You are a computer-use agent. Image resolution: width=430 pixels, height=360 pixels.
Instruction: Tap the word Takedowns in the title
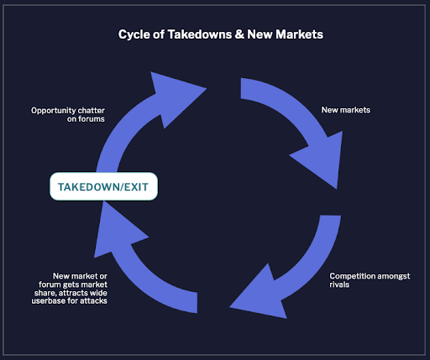(200, 34)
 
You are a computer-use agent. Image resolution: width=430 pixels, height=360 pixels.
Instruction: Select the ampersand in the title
(239, 34)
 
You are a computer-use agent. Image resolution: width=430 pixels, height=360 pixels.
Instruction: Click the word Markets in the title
(299, 34)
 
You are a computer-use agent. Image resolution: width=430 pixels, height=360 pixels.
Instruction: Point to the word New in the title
(260, 34)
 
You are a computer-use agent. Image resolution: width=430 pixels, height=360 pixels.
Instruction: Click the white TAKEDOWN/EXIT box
(103, 186)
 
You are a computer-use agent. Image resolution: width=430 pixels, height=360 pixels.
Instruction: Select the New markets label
(346, 110)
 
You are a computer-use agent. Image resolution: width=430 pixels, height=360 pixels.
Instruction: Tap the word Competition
(352, 276)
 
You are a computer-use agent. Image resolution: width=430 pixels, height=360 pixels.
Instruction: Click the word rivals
(339, 284)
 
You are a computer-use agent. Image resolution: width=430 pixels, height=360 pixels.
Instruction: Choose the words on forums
(86, 119)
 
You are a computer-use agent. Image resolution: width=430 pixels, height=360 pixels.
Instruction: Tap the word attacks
(93, 301)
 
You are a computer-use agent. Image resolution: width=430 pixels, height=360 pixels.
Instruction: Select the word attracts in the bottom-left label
(71, 293)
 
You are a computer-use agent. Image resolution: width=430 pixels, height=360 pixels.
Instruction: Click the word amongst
(394, 276)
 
